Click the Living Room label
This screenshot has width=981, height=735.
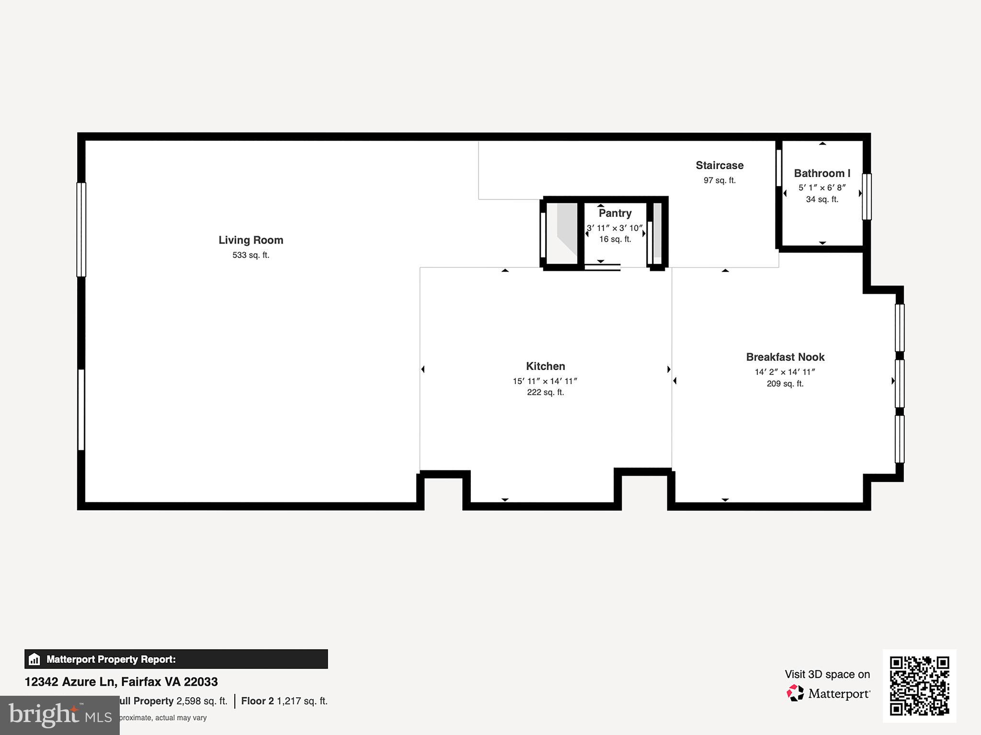(x=251, y=240)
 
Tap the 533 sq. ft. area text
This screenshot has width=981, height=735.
(x=251, y=256)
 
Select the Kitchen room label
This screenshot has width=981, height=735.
(x=545, y=366)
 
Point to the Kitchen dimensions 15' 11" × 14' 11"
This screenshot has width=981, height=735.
(x=545, y=381)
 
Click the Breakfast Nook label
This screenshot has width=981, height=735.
(x=785, y=357)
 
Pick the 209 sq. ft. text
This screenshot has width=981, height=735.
(x=785, y=384)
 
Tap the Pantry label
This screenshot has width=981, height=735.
(x=615, y=213)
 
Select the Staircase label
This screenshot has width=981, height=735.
(x=719, y=166)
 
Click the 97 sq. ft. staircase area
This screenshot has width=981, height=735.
(x=719, y=180)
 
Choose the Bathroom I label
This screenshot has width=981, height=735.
(x=822, y=173)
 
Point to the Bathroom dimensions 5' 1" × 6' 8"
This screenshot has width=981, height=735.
(x=822, y=188)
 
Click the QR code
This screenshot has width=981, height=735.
(x=919, y=686)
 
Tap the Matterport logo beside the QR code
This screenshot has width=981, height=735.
(x=829, y=693)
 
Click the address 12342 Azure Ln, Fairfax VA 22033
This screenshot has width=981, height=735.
(x=121, y=682)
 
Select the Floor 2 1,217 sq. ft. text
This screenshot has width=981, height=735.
(x=284, y=701)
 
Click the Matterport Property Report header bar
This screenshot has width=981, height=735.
(x=176, y=659)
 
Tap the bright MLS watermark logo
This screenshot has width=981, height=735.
(x=60, y=715)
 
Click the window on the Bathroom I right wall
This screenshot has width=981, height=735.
(x=867, y=197)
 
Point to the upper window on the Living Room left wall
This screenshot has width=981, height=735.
(x=81, y=230)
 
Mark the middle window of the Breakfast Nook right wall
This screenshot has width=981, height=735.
(x=900, y=383)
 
